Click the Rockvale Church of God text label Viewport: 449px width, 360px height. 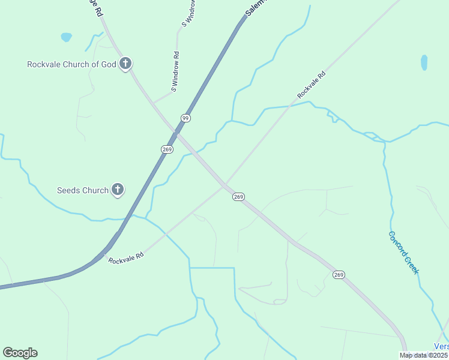[x=71, y=64]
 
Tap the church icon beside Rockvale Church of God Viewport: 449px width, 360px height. [x=125, y=63]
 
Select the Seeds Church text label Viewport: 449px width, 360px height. [x=83, y=190]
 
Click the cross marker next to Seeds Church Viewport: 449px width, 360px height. [x=118, y=190]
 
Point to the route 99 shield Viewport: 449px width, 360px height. [x=185, y=118]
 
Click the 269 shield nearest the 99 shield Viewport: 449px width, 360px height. [x=167, y=149]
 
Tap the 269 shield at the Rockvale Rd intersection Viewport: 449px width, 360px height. [x=238, y=197]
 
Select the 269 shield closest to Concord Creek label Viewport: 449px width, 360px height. [x=339, y=275]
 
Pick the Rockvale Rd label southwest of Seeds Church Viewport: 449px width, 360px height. [x=126, y=257]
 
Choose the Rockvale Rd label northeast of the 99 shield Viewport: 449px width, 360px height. [x=311, y=85]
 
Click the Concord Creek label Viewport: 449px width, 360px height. [x=403, y=253]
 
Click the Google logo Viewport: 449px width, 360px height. [x=20, y=353]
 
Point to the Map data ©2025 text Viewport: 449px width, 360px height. [x=424, y=355]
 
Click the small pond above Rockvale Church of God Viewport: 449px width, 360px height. [x=66, y=37]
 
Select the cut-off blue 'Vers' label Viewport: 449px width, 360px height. [x=441, y=346]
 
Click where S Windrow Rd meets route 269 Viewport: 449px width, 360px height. [x=154, y=103]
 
